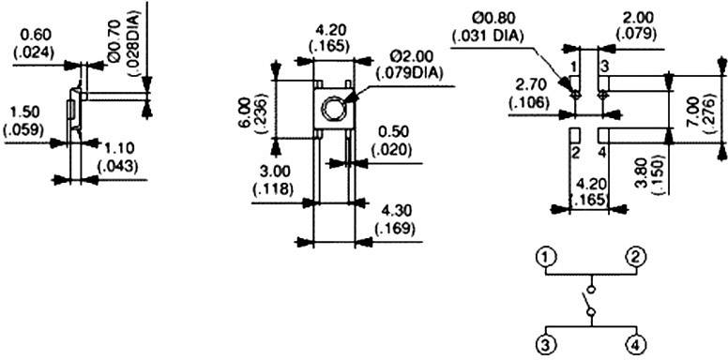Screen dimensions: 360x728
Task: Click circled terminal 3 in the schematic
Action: point(545,344)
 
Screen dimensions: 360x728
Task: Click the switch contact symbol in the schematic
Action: point(589,301)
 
